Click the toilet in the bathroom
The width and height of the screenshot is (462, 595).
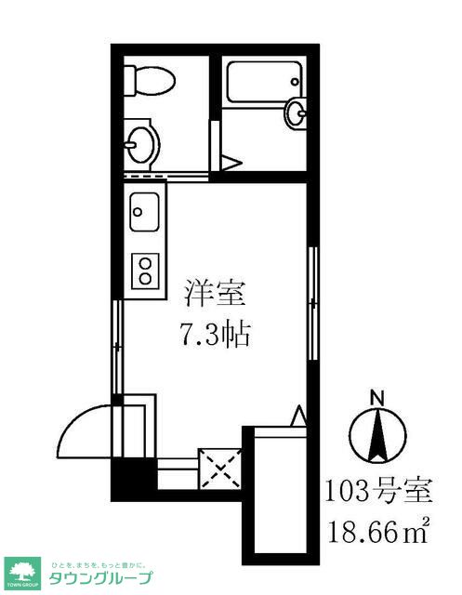pyautogui.click(x=150, y=80)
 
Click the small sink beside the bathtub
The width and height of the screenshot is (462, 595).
pyautogui.click(x=296, y=113)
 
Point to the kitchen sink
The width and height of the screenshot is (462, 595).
pyautogui.click(x=147, y=213)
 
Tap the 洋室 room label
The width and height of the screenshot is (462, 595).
pyautogui.click(x=215, y=296)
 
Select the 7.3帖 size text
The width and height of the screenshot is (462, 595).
pyautogui.click(x=215, y=334)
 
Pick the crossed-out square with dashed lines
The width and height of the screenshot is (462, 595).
pyautogui.click(x=220, y=468)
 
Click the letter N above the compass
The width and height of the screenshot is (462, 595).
pyautogui.click(x=378, y=397)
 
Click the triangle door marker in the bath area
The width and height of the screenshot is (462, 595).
pyautogui.click(x=229, y=163)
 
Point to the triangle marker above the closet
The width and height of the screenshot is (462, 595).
pyautogui.click(x=297, y=414)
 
